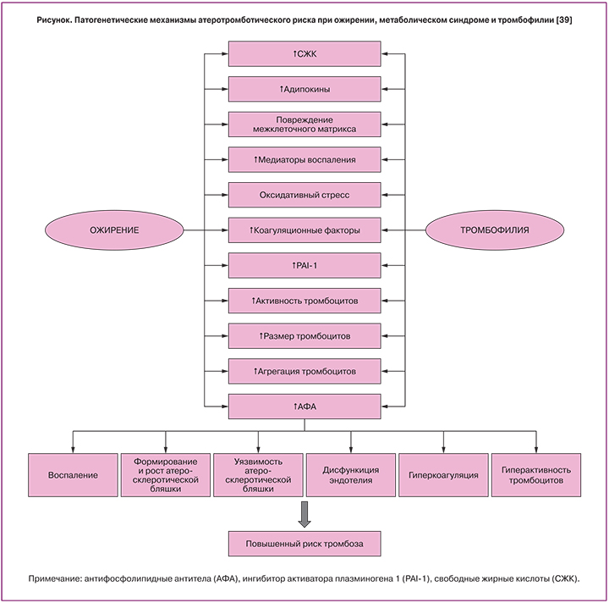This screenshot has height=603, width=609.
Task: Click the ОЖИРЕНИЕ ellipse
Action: point(114,230)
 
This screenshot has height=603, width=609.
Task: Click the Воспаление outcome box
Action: point(73,474)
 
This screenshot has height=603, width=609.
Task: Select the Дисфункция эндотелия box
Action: point(351,474)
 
